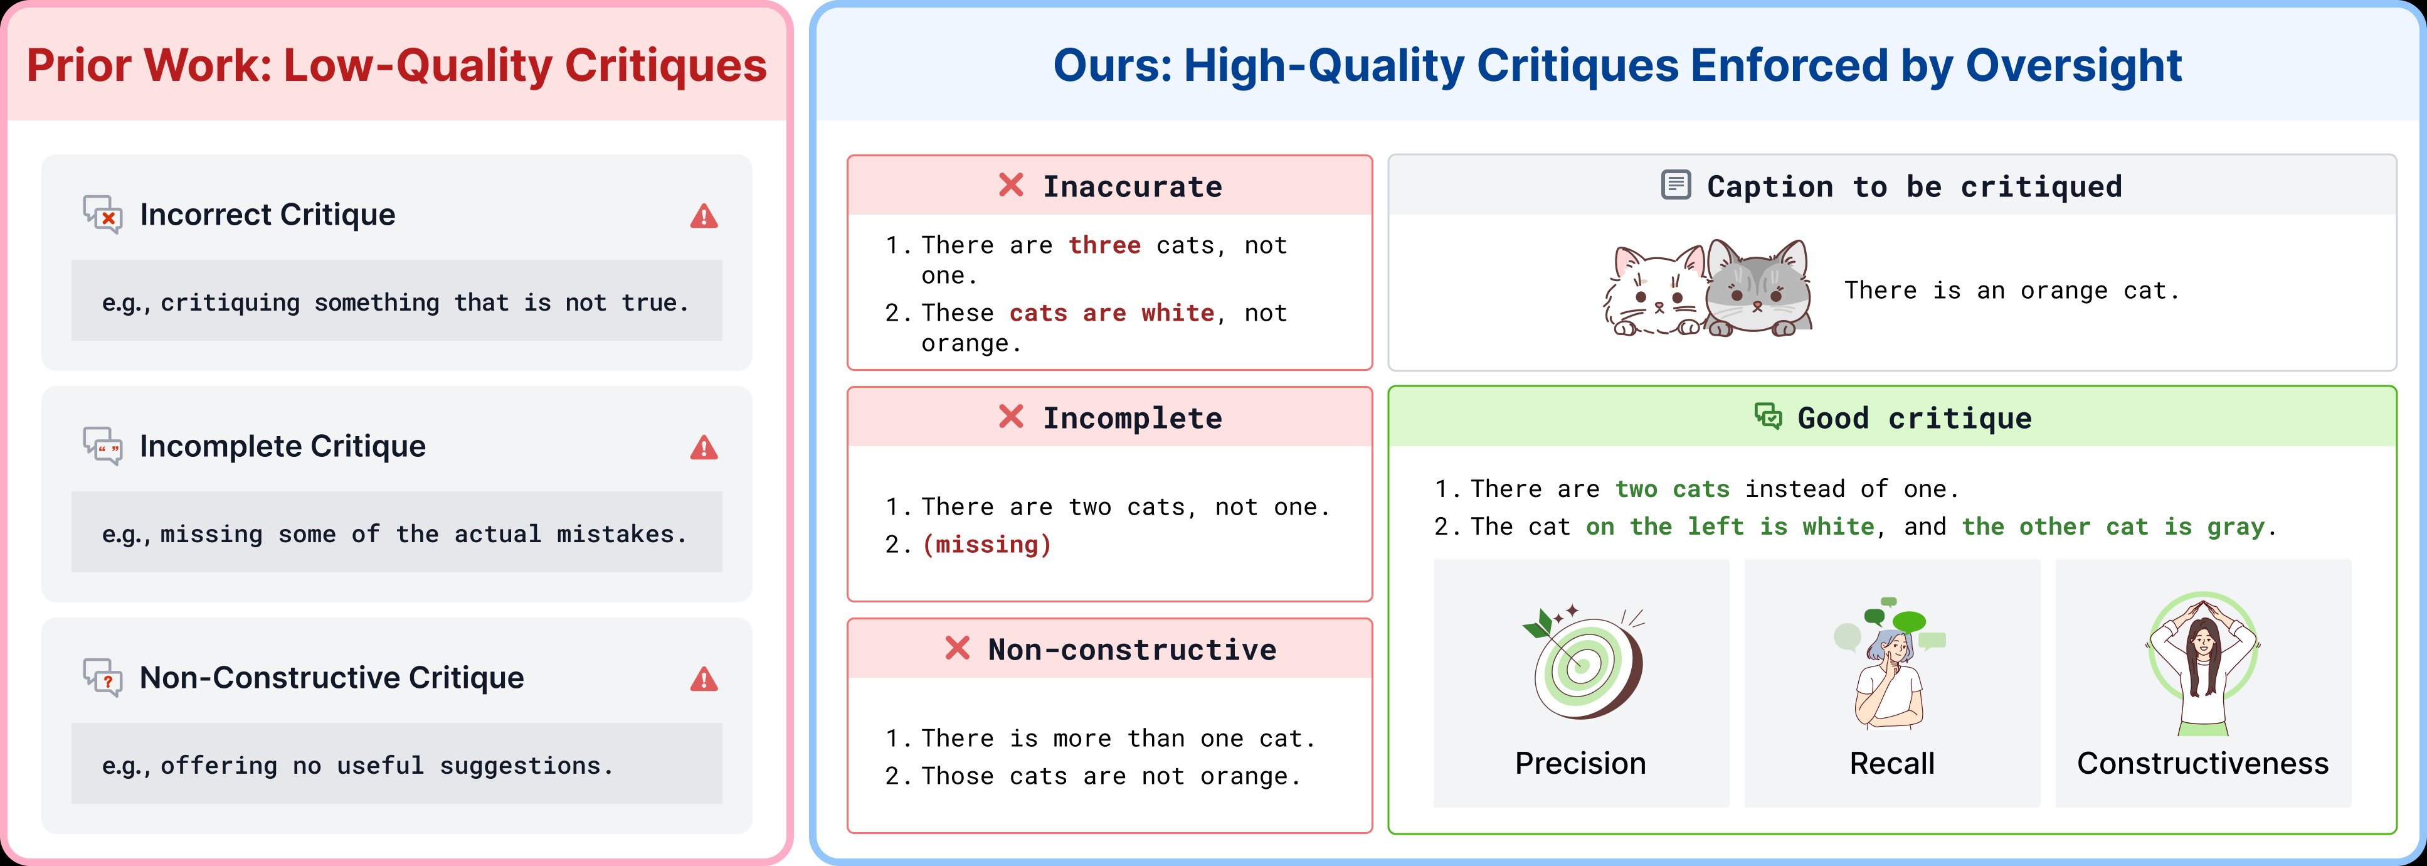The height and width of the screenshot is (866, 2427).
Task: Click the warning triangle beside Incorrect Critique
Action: click(704, 216)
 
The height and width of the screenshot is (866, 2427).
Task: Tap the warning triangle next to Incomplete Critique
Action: click(704, 447)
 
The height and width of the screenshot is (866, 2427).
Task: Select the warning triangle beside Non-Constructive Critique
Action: click(704, 680)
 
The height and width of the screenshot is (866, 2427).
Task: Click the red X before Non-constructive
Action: click(957, 648)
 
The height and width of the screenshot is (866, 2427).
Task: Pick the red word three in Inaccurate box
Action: click(1104, 245)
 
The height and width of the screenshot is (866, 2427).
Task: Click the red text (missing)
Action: click(986, 545)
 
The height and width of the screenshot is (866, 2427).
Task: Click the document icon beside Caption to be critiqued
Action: click(1675, 184)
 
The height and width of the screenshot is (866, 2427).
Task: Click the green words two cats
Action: click(1673, 489)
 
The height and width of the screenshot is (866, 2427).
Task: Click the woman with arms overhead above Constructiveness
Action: click(2202, 665)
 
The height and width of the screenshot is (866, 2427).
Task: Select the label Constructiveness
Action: click(2202, 763)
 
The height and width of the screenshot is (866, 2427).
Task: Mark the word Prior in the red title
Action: click(78, 66)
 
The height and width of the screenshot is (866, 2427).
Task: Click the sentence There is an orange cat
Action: click(2011, 291)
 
